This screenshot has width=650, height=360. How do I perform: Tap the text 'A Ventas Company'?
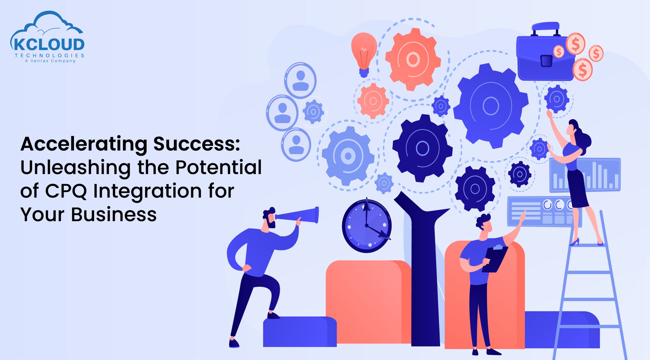pyautogui.click(x=50, y=61)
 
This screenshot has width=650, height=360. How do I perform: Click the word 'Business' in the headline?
pyautogui.click(x=114, y=214)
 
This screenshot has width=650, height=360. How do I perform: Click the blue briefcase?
pyautogui.click(x=546, y=52)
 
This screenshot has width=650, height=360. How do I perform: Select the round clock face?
pyautogui.click(x=367, y=226)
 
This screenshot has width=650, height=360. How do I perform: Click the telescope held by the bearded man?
pyautogui.click(x=297, y=215)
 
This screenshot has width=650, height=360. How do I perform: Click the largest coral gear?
pyautogui.click(x=413, y=59)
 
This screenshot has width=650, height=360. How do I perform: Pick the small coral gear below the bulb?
pyautogui.click(x=373, y=101)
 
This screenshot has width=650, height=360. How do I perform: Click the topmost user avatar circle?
pyautogui.click(x=300, y=80)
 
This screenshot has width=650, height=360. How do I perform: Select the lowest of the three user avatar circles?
pyautogui.click(x=296, y=145)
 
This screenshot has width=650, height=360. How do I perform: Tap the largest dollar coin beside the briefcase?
pyautogui.click(x=583, y=69)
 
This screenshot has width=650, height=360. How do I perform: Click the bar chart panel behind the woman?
pyautogui.click(x=585, y=175)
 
